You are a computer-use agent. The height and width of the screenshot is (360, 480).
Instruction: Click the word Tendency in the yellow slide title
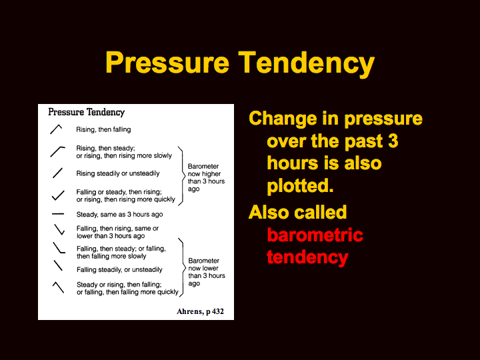pos(307,63)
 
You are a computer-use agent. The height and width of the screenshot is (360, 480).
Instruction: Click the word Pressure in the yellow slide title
pos(167,63)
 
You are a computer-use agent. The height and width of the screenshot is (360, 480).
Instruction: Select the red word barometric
pos(315,235)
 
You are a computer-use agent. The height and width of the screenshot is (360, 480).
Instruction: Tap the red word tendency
pos(307,257)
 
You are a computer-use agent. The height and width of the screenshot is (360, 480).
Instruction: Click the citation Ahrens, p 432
pos(200,311)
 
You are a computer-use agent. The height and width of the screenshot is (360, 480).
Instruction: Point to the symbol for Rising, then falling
pos(56,129)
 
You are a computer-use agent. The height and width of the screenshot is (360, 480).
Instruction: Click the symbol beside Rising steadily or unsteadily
pos(57,173)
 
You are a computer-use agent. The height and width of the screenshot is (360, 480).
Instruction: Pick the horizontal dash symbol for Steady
pos(57,214)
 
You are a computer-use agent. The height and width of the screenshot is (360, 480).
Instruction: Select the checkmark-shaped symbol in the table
pos(58,195)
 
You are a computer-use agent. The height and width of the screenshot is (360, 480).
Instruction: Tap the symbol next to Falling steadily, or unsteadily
pos(58,265)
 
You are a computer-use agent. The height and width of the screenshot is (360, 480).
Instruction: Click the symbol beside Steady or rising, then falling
pos(58,287)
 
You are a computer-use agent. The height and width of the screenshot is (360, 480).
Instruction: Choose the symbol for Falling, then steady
pos(59,247)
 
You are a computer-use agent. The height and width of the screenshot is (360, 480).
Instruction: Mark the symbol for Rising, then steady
pos(57,152)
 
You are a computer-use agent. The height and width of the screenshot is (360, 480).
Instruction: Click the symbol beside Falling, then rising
pos(59,229)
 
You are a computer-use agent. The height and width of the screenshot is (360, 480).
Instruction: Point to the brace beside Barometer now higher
pos(183,176)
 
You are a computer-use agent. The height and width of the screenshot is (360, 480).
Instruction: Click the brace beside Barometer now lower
pos(183,267)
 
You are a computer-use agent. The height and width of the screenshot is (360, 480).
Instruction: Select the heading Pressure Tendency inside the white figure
pos(86,113)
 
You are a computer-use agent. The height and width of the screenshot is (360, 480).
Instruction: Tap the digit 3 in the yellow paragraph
pos(393,141)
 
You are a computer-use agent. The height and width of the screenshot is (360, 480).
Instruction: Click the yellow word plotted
pos(300,186)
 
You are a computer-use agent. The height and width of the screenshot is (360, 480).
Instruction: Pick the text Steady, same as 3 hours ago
pos(120,214)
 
